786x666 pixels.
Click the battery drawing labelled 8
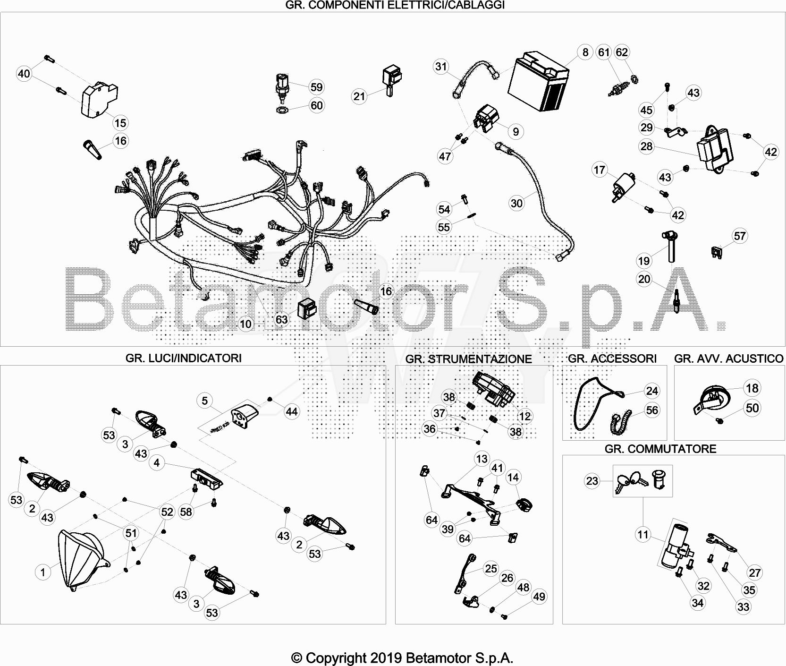pyautogui.click(x=539, y=81)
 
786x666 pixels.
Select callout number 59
pyautogui.click(x=316, y=87)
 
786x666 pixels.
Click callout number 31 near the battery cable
pyautogui.click(x=441, y=67)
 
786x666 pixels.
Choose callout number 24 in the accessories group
pyautogui.click(x=652, y=391)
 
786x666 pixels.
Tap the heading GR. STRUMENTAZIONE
pyautogui.click(x=468, y=359)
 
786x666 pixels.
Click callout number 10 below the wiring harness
pyautogui.click(x=246, y=324)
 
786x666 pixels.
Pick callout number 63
pyautogui.click(x=281, y=320)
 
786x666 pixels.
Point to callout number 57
pyautogui.click(x=740, y=236)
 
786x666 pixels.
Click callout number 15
pyautogui.click(x=120, y=123)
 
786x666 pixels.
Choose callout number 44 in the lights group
pyautogui.click(x=292, y=411)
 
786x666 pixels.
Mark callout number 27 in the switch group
pyautogui.click(x=755, y=572)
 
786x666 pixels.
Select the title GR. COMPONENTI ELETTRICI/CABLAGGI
pyautogui.click(x=395, y=5)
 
